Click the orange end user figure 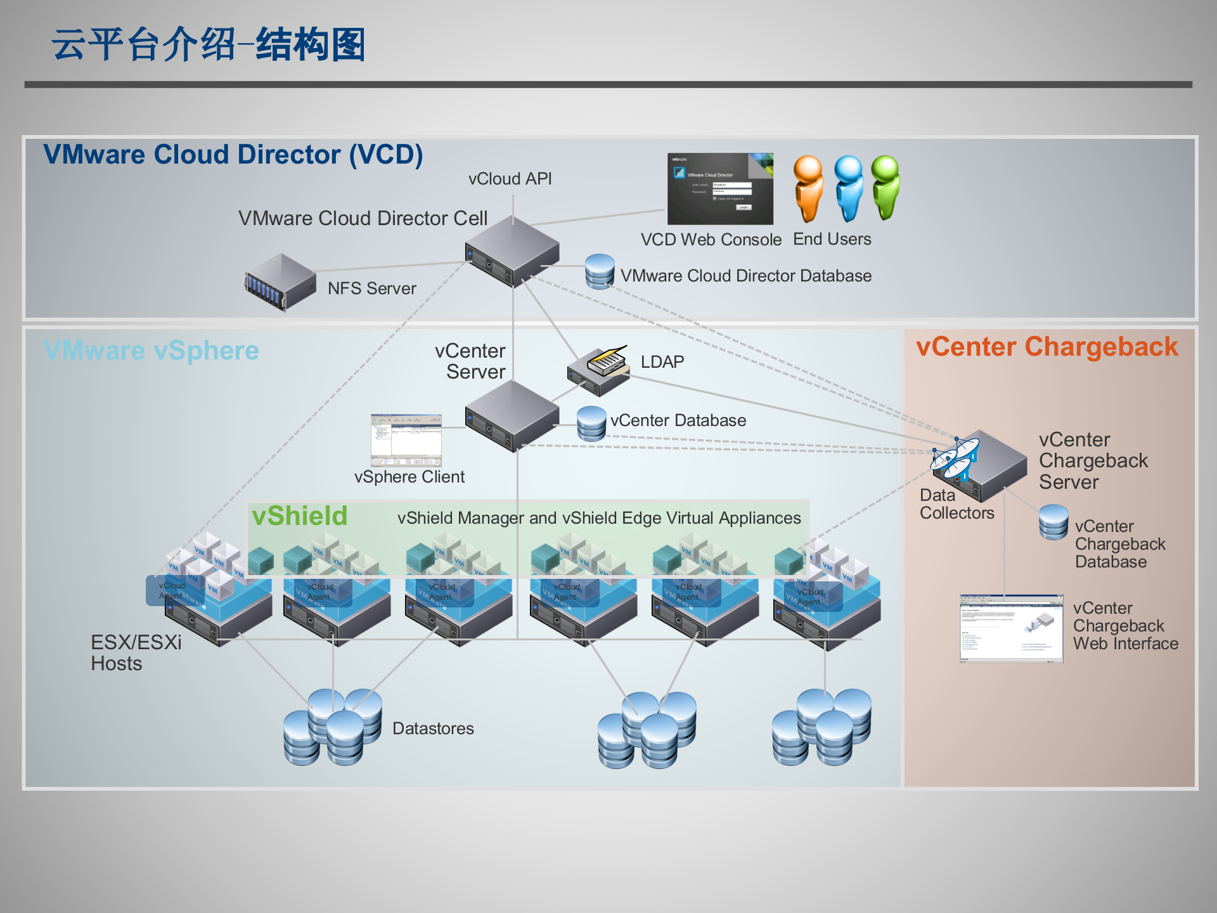click(808, 188)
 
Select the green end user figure click(885, 187)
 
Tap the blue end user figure click(848, 188)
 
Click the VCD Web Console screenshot click(720, 189)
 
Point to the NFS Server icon click(280, 282)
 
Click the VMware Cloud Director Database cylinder click(599, 271)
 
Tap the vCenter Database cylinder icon click(591, 424)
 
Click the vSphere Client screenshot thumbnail click(406, 440)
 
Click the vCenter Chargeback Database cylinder click(1053, 522)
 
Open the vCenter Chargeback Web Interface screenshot click(1011, 628)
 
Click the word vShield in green click(299, 516)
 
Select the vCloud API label click(510, 179)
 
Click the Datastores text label click(433, 728)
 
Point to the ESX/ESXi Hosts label click(136, 652)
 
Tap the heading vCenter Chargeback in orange click(1046, 347)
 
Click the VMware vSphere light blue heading click(151, 351)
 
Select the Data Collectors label click(956, 504)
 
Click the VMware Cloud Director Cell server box click(512, 252)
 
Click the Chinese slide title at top click(209, 45)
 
